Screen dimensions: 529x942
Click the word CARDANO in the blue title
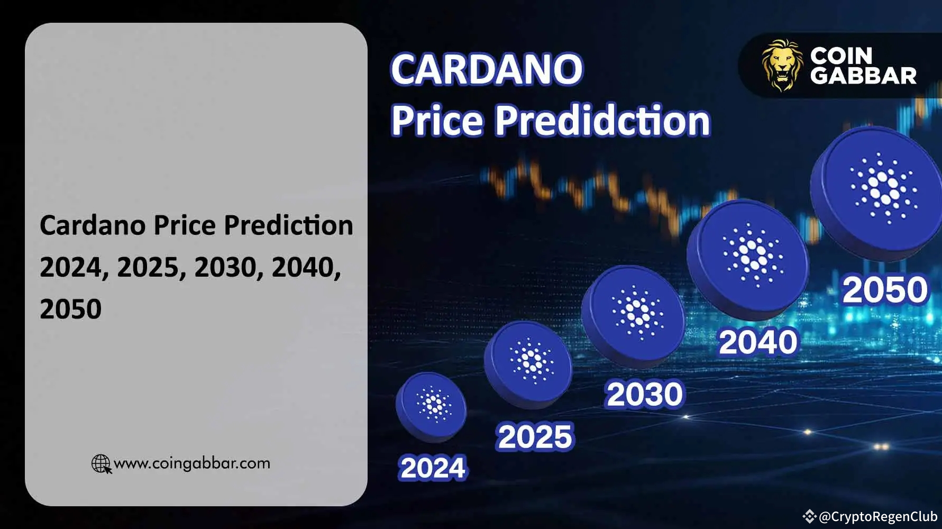[487, 69]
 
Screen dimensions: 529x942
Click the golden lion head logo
[781, 65]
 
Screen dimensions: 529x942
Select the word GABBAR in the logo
[863, 76]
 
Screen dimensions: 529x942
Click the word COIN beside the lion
[841, 55]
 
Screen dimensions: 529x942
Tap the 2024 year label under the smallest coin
[433, 468]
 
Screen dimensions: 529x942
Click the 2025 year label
[535, 437]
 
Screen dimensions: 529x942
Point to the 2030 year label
[644, 395]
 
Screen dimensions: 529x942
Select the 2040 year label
[757, 342]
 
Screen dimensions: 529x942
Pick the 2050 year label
[884, 290]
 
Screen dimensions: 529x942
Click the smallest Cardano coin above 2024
[432, 406]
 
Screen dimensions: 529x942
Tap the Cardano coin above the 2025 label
[528, 363]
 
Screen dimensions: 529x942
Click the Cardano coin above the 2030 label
[634, 315]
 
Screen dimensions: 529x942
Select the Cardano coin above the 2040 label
[748, 258]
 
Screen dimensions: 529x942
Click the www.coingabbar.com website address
[191, 463]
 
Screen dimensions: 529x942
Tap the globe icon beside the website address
[101, 464]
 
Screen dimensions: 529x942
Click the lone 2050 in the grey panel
[70, 309]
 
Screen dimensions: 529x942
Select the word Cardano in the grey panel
[93, 225]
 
